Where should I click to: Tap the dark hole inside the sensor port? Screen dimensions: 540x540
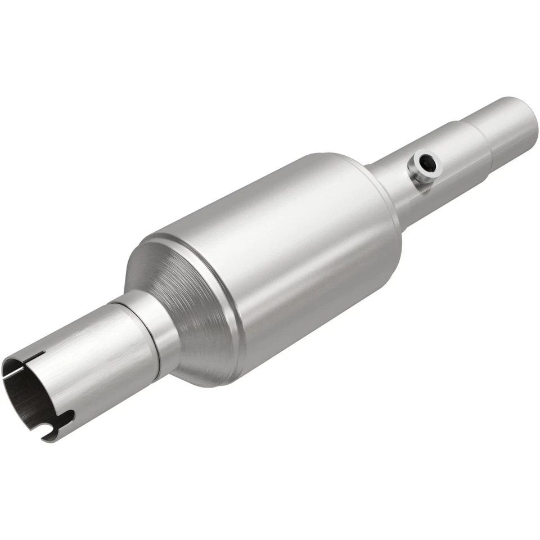428,164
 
